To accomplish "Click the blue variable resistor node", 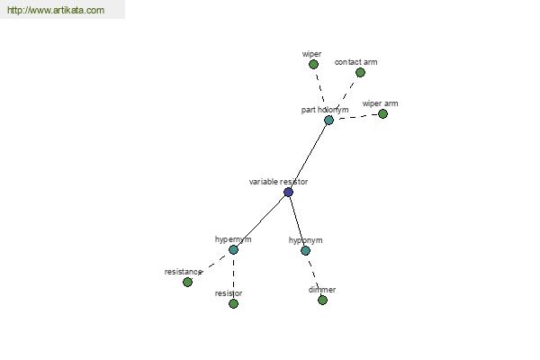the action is (x=288, y=193).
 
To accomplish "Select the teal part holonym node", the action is (x=328, y=121).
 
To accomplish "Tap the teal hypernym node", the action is (x=233, y=250).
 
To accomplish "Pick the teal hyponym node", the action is (x=305, y=251).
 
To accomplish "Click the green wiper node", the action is (x=313, y=65).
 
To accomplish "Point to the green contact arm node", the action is (x=360, y=73).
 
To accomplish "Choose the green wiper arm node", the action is (x=382, y=114).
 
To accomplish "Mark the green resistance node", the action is (x=188, y=282).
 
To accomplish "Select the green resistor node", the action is (x=233, y=304).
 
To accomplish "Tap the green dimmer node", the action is (x=322, y=301).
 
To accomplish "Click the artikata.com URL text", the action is (x=56, y=10).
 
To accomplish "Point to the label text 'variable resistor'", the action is (x=278, y=182).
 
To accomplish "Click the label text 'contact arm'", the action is (x=355, y=62).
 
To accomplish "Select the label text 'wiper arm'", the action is (x=380, y=103).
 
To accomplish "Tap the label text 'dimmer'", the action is (x=322, y=290).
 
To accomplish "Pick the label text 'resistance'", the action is (x=183, y=272).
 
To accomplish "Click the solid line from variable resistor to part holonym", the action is (x=309, y=156).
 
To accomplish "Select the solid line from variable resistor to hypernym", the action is (x=261, y=221).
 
